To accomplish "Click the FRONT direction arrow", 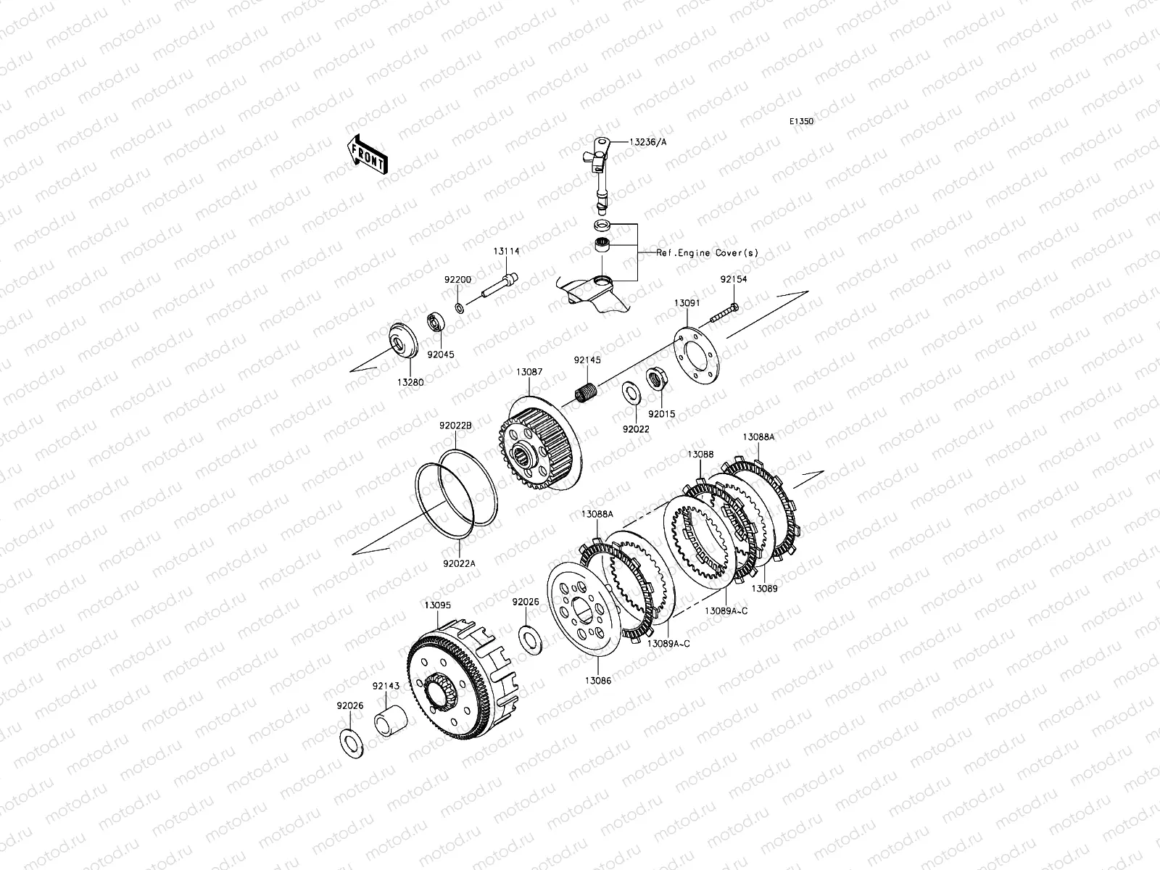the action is pyautogui.click(x=368, y=154).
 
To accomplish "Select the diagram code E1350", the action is pyautogui.click(x=801, y=122).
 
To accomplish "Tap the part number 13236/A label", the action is pyautogui.click(x=648, y=142).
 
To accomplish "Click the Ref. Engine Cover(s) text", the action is pyautogui.click(x=707, y=253).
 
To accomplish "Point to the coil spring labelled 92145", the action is pyautogui.click(x=586, y=392).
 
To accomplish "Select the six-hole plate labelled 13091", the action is pyautogui.click(x=697, y=355).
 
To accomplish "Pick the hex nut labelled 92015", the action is pyautogui.click(x=655, y=379).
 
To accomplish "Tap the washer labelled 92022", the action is pyautogui.click(x=631, y=392).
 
